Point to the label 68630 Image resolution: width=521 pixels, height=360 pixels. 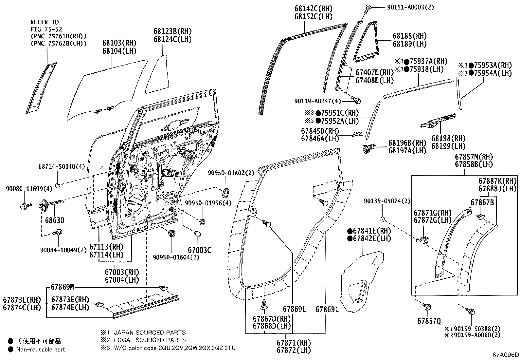(55, 220)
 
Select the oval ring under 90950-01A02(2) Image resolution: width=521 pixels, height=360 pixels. (226, 192)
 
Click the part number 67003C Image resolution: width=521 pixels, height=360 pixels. (200, 251)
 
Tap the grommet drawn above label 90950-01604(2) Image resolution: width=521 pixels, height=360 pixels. (171, 234)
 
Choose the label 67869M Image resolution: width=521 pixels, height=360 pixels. (62, 287)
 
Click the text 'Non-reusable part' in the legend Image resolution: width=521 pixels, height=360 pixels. (41, 350)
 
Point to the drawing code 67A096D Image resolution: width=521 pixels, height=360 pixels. (506, 355)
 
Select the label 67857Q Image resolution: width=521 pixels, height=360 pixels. (429, 321)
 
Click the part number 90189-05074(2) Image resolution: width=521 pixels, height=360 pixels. (387, 201)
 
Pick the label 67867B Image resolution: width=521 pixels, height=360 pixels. (482, 202)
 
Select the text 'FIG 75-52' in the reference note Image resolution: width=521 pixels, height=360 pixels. (45, 29)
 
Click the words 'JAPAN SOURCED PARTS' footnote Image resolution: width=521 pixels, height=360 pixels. (150, 332)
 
